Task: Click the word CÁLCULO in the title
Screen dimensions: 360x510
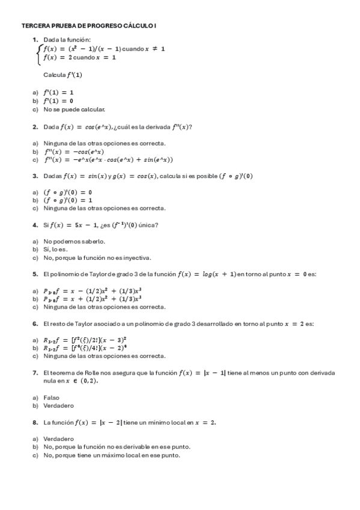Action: click(138, 26)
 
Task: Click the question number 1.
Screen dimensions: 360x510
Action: click(35, 40)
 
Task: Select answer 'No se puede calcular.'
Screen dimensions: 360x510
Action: click(74, 109)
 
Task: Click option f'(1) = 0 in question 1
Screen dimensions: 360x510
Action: click(58, 101)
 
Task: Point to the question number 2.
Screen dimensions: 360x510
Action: click(35, 127)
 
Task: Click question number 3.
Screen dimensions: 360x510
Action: click(35, 176)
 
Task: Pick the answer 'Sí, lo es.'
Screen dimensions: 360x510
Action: click(55, 250)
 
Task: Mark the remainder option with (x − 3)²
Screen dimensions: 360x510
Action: click(84, 339)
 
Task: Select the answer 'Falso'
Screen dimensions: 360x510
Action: click(52, 398)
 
